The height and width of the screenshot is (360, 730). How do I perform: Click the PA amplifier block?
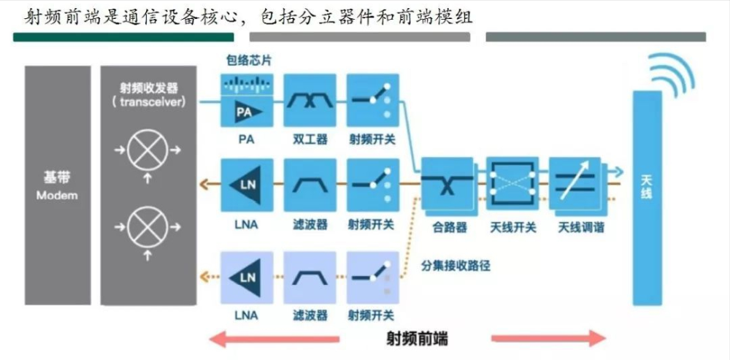tap(246, 101)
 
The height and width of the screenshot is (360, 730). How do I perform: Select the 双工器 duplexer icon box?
tap(310, 101)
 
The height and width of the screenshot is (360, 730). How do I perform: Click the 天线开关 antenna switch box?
tap(512, 183)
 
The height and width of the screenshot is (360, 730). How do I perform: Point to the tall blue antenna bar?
tap(647, 198)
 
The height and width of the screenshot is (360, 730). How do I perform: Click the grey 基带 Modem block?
tap(58, 185)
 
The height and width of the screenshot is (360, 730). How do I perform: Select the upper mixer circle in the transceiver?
tap(147, 150)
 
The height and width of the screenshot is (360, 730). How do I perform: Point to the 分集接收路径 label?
tap(456, 266)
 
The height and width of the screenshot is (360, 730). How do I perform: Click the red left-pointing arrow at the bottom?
tap(274, 339)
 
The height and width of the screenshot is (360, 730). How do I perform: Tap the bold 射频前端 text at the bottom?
tap(417, 339)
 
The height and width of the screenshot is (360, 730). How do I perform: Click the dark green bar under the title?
tap(123, 37)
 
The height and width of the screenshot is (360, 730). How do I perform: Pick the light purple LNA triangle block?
tap(246, 278)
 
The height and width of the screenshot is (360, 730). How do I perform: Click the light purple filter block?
tap(310, 278)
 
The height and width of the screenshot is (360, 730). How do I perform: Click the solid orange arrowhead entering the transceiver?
tap(202, 185)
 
